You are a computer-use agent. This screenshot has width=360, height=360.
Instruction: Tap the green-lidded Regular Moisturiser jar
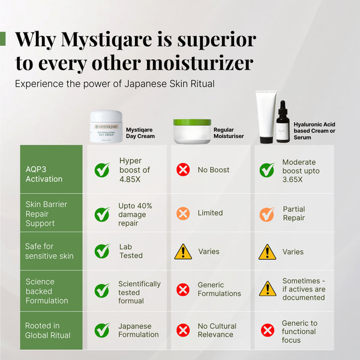tap(192, 131)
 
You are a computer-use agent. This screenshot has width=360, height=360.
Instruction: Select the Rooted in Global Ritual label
tap(47, 331)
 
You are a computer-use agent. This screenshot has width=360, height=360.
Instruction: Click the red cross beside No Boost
tap(183, 170)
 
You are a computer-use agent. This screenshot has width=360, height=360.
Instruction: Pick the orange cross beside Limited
tap(183, 213)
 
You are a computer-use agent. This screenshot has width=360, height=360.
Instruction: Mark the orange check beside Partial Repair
tap(267, 214)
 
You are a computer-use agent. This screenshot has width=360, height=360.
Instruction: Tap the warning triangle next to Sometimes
tap(267, 289)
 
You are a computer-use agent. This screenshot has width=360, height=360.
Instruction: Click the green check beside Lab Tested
tap(102, 251)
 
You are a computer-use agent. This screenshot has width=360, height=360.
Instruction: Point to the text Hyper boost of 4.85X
tap(134, 170)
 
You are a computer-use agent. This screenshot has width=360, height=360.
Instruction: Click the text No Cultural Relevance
tap(217, 330)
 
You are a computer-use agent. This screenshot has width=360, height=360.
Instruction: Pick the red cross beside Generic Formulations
tap(183, 290)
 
